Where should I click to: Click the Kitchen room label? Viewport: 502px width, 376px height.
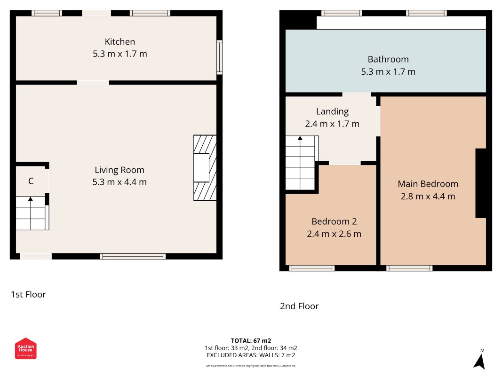(120, 41)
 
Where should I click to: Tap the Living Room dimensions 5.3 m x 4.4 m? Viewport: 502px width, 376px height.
(120, 182)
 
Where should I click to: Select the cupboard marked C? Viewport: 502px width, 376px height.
(31, 181)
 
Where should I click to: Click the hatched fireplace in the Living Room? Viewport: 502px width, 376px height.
(205, 168)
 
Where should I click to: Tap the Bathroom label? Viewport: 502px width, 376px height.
(388, 59)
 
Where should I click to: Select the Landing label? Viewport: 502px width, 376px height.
(332, 111)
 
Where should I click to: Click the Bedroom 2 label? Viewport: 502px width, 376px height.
(334, 221)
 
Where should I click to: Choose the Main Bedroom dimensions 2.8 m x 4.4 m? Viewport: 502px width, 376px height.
(428, 196)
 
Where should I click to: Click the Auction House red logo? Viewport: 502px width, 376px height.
(25, 348)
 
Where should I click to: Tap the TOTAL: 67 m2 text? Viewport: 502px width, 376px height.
(251, 341)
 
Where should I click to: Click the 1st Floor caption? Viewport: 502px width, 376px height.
(28, 295)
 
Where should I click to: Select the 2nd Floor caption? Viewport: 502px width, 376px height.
(299, 306)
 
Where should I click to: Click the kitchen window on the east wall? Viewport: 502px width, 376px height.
(220, 57)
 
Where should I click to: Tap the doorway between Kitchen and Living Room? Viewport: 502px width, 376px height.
(93, 83)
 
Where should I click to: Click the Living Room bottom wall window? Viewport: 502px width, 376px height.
(133, 257)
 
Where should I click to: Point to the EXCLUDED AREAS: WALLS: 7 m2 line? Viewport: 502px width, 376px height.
(251, 355)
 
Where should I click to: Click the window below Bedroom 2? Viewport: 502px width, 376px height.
(312, 268)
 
